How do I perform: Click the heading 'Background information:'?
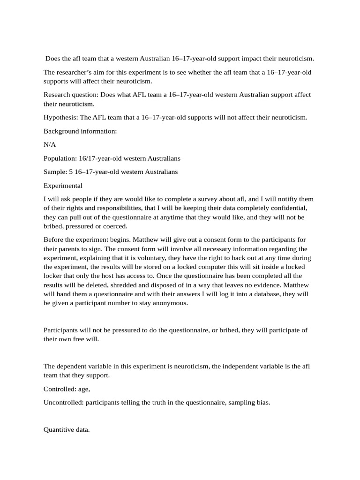click(x=80, y=131)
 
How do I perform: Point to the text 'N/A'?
click(x=50, y=145)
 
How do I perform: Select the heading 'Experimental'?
click(x=63, y=186)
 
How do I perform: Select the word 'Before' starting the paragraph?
click(x=53, y=240)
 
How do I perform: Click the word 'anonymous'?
click(x=172, y=303)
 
